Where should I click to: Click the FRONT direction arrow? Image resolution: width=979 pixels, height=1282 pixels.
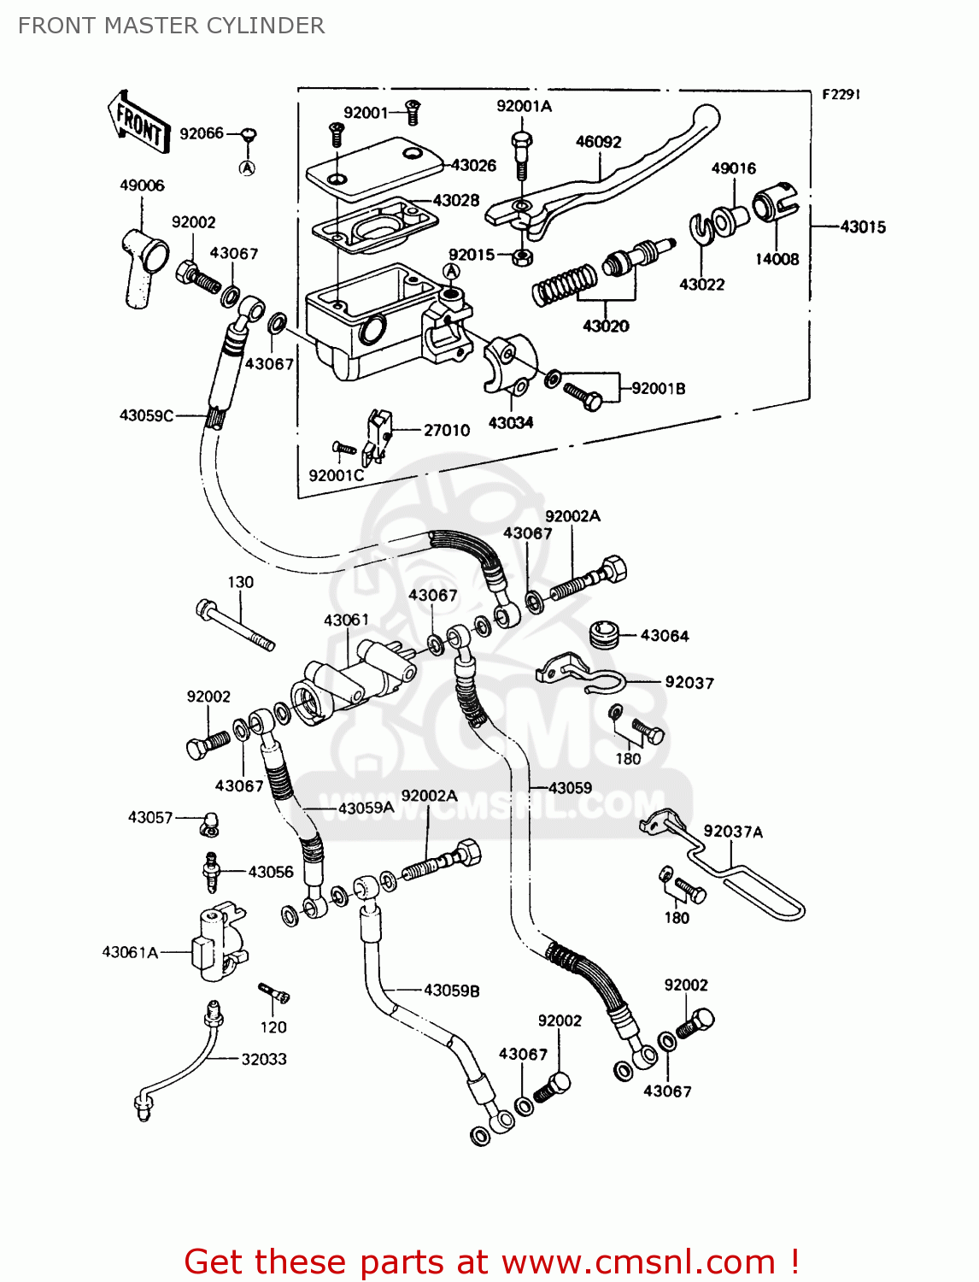pos(138,123)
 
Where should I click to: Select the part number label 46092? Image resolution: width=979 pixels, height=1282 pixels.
pos(598,142)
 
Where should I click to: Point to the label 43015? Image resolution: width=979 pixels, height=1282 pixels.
pos(863,227)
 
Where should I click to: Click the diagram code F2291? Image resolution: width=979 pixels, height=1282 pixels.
pos(841,95)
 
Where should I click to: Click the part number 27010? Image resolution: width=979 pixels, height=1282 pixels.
pos(447,430)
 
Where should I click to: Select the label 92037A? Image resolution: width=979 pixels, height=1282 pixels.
pos(733,832)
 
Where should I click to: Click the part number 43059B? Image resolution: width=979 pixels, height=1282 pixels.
pos(451,991)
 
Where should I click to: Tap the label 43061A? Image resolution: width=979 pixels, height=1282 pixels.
pos(130,952)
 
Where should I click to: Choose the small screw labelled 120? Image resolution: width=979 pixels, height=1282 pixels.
pos(275,994)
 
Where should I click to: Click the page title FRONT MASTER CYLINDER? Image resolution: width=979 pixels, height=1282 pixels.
pos(171,26)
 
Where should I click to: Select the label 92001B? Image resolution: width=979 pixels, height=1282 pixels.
pos(658,389)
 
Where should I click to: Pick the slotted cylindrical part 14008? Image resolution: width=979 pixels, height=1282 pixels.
pos(774,208)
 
